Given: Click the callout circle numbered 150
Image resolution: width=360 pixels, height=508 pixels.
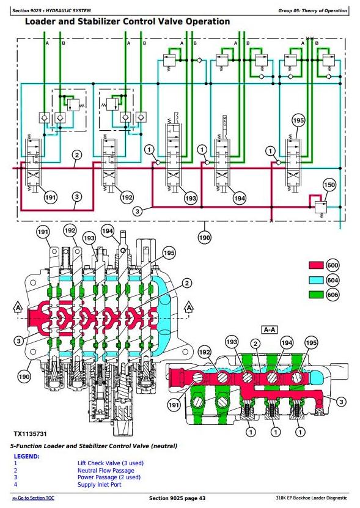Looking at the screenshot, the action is pos(329,185).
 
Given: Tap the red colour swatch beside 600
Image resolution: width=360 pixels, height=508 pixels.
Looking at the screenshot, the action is pos(316,265).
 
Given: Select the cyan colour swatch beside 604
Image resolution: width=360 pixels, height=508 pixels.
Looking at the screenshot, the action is pos(316,280).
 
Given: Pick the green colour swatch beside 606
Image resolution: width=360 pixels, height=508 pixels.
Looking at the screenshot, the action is pos(316,295).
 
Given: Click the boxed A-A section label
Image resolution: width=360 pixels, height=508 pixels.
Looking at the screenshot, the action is pos(270,330).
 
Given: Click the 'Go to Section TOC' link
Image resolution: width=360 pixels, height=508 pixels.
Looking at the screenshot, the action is pos(34,498).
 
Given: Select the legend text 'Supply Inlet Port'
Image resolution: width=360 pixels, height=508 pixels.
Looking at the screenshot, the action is pos(100,485).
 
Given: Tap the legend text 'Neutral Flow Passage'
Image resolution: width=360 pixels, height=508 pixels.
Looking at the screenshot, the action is pos(106,471).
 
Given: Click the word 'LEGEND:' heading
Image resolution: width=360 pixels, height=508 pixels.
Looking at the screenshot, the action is pos(26,457).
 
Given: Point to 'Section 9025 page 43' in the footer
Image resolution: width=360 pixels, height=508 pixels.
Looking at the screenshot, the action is pos(177,498).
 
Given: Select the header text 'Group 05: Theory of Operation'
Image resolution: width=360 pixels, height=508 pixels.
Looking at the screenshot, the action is pos(312,10).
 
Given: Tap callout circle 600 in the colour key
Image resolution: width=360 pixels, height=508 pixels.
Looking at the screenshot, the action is pos(332,265).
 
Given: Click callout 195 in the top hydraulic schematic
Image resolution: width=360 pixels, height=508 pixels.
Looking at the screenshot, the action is pos(298,120).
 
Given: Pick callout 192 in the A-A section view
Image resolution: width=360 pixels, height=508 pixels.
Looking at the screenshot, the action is pos(204,352).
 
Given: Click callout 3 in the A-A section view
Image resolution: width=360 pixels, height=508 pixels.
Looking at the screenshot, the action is pos(341,402).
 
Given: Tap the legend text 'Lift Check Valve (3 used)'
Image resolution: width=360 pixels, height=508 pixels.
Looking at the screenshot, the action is pos(111,463).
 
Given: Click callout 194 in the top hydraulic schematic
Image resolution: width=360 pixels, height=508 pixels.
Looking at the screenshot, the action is pos(240,198).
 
